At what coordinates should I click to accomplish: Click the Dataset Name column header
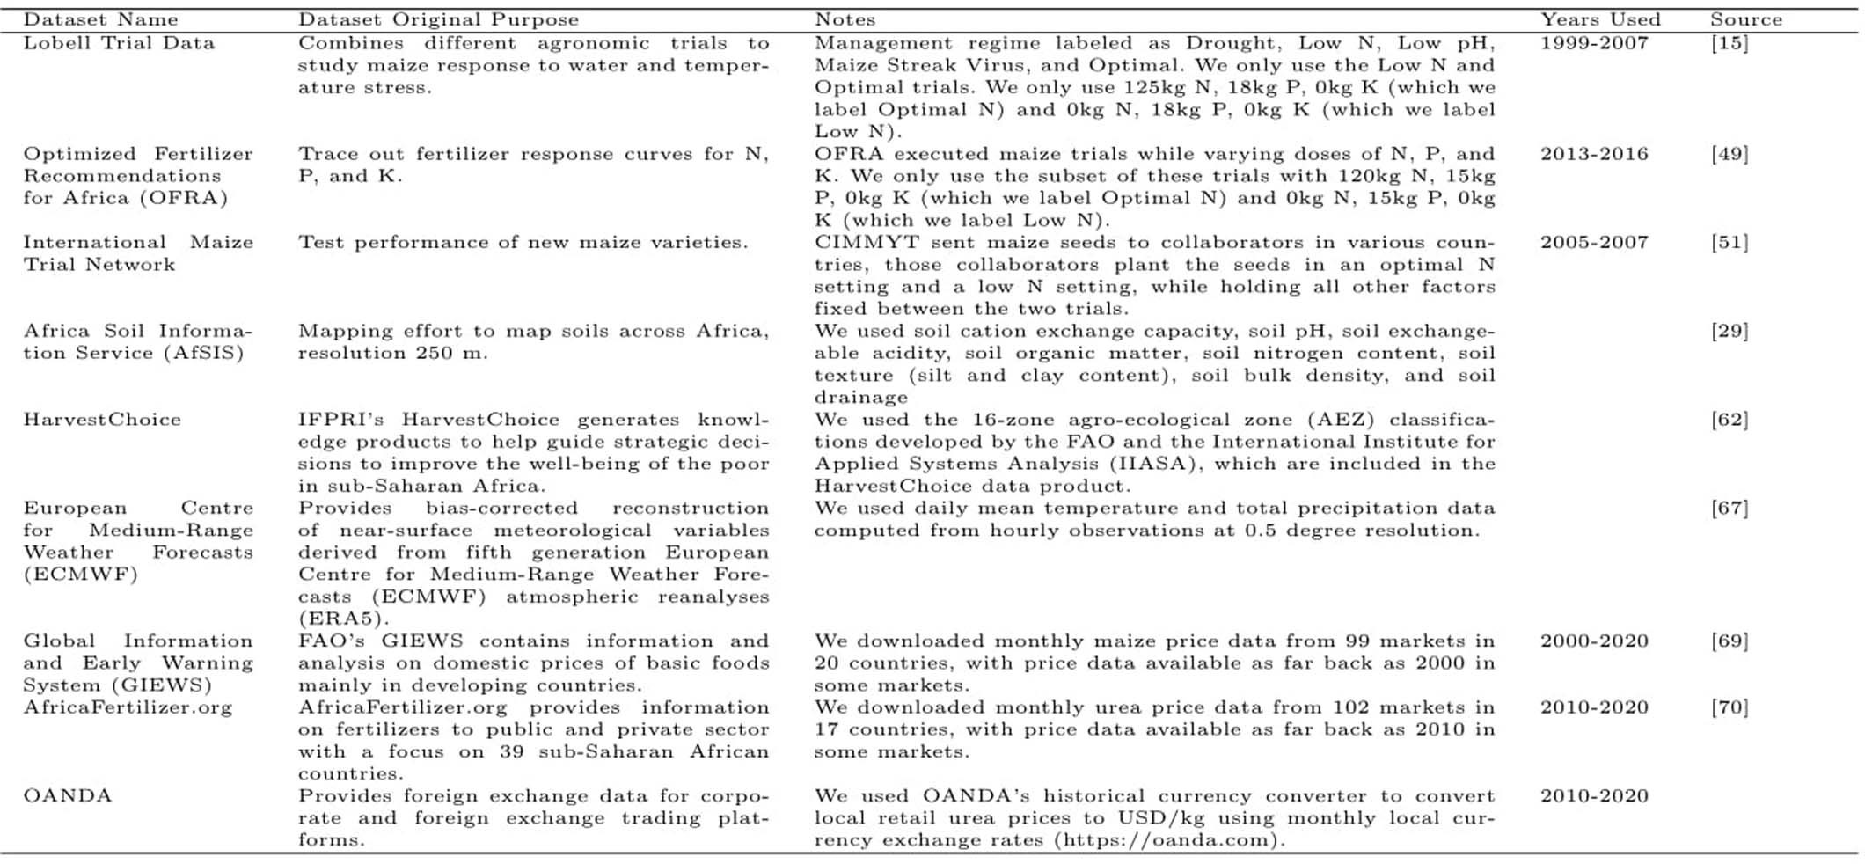click(x=100, y=19)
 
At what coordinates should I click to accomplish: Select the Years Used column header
click(x=1599, y=19)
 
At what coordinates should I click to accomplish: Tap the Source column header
click(x=1745, y=19)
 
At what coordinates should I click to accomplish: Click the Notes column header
click(x=845, y=19)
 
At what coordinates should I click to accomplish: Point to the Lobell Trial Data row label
click(x=119, y=43)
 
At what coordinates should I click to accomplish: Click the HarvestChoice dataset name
click(x=102, y=420)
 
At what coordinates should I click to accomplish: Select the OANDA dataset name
click(x=68, y=796)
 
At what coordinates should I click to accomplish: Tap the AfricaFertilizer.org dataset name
click(x=128, y=707)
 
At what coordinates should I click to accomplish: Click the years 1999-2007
click(x=1593, y=43)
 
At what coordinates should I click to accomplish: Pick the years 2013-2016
click(x=1593, y=154)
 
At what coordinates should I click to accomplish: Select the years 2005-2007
click(x=1593, y=243)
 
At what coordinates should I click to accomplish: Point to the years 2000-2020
click(x=1593, y=641)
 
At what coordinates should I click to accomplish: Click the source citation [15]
click(x=1729, y=43)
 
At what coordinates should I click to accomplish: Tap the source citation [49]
click(x=1729, y=154)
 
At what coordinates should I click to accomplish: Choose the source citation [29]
click(x=1729, y=332)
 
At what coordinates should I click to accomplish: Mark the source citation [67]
click(x=1729, y=509)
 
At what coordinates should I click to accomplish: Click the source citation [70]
click(x=1729, y=707)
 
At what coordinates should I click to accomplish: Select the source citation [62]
click(x=1729, y=420)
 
